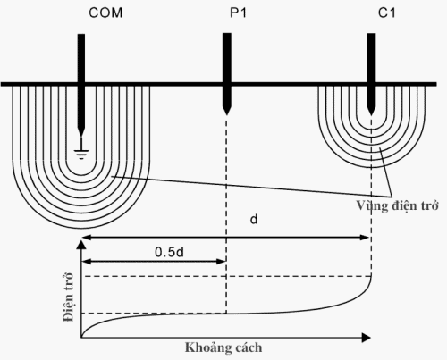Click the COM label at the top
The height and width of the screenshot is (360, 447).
tap(81, 14)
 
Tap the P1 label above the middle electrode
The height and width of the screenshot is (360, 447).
tap(225, 14)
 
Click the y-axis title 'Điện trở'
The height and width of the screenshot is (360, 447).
tap(68, 298)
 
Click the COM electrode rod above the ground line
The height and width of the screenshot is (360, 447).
tap(81, 58)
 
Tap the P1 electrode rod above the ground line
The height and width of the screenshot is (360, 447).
tap(225, 58)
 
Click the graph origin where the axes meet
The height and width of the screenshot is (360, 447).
tap(82, 338)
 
